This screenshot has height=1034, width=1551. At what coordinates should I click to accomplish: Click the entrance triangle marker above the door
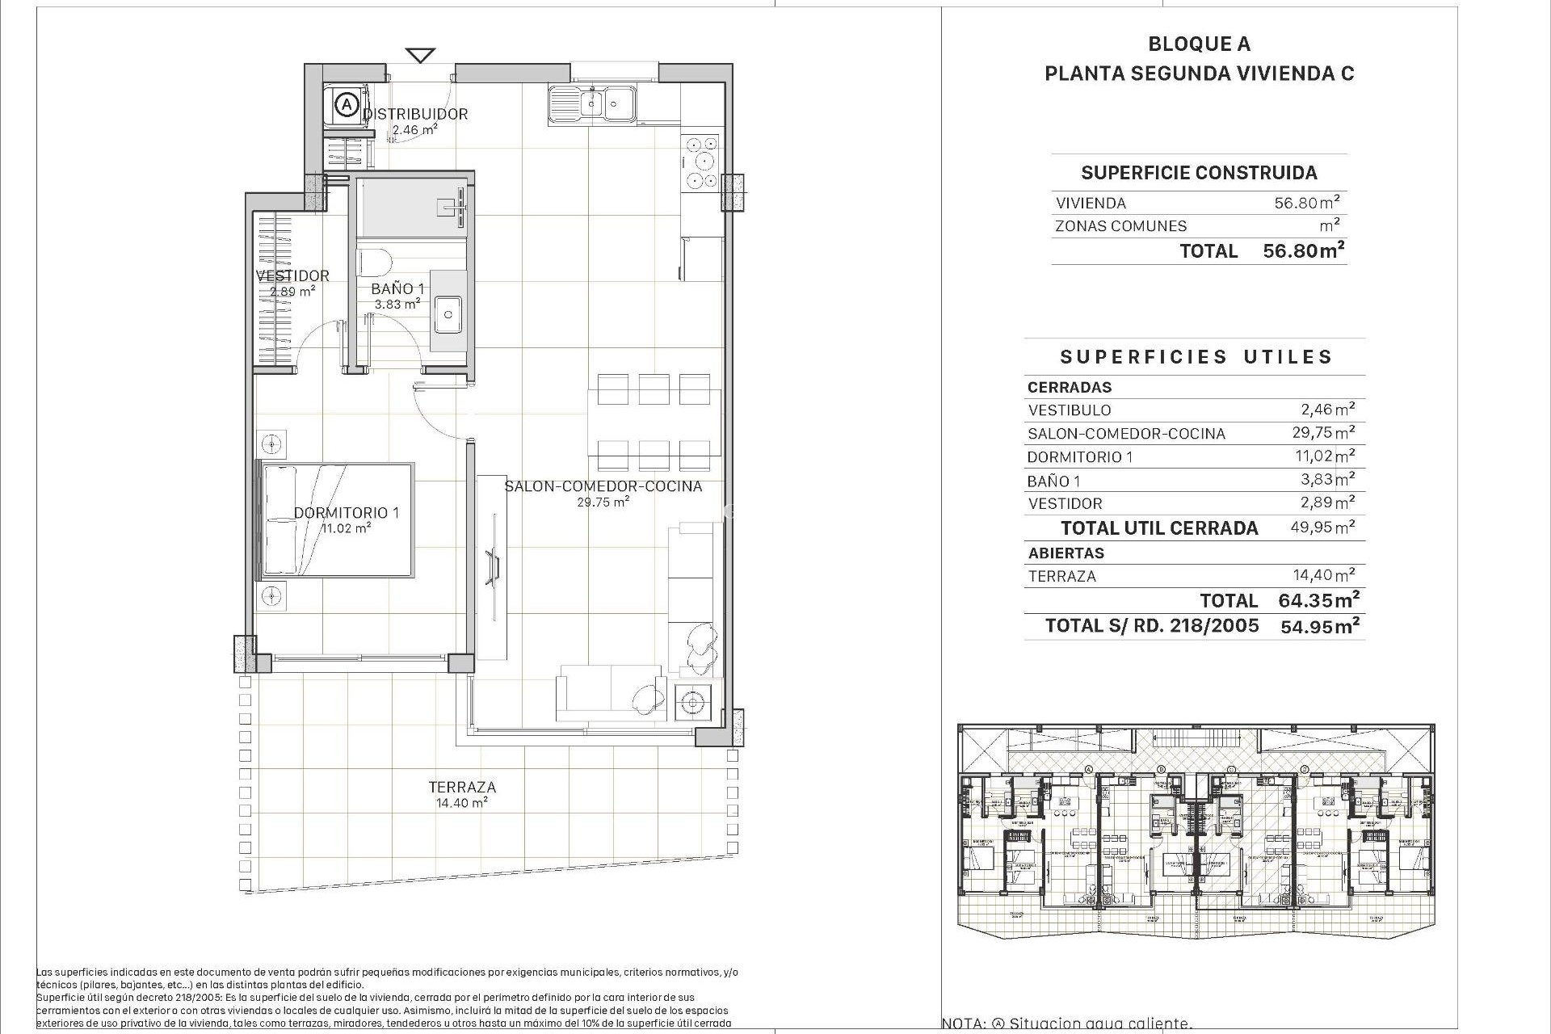coord(419,55)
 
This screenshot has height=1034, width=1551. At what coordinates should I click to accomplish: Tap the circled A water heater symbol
coord(347,104)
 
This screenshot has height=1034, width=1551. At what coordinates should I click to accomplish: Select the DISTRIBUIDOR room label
coord(415,114)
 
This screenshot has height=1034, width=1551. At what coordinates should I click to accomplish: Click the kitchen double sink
coord(592,103)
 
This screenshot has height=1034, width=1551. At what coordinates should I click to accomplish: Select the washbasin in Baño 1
coord(447,313)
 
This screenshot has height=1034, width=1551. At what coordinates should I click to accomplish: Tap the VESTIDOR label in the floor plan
coord(292,275)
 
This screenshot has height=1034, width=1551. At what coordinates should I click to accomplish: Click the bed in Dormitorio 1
coord(335,520)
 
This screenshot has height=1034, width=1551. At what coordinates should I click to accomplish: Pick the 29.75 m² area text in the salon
coord(603,502)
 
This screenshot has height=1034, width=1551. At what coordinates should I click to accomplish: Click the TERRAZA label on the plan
coord(462,787)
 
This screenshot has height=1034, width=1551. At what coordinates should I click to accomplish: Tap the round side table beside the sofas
coord(691,703)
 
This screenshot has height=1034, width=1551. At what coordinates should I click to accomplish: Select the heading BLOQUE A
coord(1200,44)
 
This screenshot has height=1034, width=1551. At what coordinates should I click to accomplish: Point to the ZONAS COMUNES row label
coord(1120,226)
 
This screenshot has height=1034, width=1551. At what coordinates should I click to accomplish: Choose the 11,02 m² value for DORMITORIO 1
coord(1325,456)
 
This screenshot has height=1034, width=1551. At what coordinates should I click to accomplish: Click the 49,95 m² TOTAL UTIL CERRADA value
coord(1322,528)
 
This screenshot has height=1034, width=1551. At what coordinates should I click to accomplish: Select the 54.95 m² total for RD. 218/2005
coord(1319,625)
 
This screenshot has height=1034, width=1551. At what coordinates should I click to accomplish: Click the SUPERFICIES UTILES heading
coord(1196,357)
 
